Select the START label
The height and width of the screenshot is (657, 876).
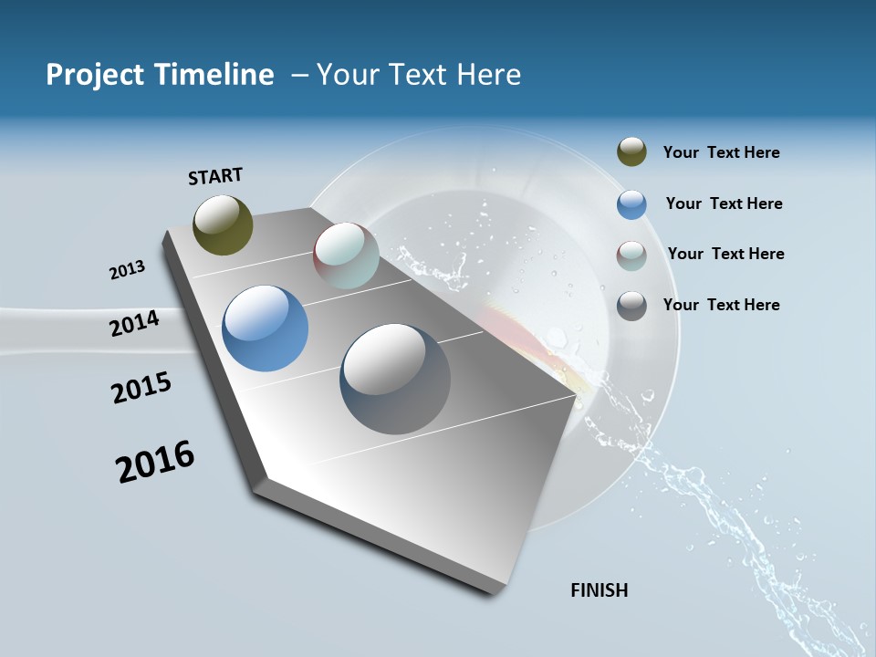coord(215,176)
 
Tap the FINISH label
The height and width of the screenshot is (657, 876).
coord(599,590)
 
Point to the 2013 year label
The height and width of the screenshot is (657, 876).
coord(127,269)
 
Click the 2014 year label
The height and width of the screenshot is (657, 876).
coord(134,323)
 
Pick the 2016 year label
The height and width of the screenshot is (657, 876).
coord(155,462)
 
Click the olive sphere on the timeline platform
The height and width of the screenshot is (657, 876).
coord(223,224)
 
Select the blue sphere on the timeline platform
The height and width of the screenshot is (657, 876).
coord(265,328)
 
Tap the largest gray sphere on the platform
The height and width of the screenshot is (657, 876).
coord(395,379)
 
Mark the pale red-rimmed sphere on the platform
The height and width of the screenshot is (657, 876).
coord(346,255)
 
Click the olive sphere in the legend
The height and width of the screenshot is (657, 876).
coord(631,151)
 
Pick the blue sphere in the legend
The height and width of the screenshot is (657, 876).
coord(631,204)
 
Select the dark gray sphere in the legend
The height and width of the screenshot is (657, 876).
coord(631,306)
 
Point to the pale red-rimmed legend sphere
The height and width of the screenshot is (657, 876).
coord(631,255)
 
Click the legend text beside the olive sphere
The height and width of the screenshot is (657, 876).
coord(721,152)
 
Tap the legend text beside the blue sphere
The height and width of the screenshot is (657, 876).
coord(724,203)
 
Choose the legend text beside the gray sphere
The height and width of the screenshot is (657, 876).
coord(721,305)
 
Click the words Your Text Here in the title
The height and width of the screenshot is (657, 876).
coord(419,75)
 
